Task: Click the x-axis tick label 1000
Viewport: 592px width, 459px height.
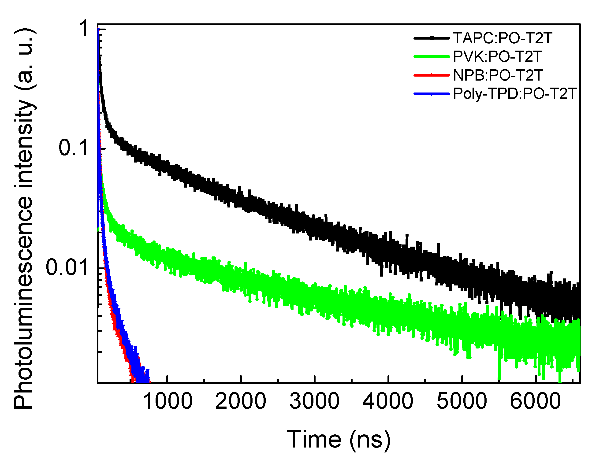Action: tap(167, 401)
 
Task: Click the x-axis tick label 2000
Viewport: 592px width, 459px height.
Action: tap(241, 401)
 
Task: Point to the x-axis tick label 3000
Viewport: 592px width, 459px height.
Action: tap(314, 401)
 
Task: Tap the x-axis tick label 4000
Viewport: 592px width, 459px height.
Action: tap(388, 401)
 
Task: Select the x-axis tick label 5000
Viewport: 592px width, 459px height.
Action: tap(462, 401)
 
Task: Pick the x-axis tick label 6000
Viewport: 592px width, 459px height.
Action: tap(536, 401)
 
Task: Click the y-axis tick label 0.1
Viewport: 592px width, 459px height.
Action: tap(74, 148)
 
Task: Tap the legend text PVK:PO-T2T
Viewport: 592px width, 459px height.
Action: tap(498, 56)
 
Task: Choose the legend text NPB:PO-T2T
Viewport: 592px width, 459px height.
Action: tap(498, 75)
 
